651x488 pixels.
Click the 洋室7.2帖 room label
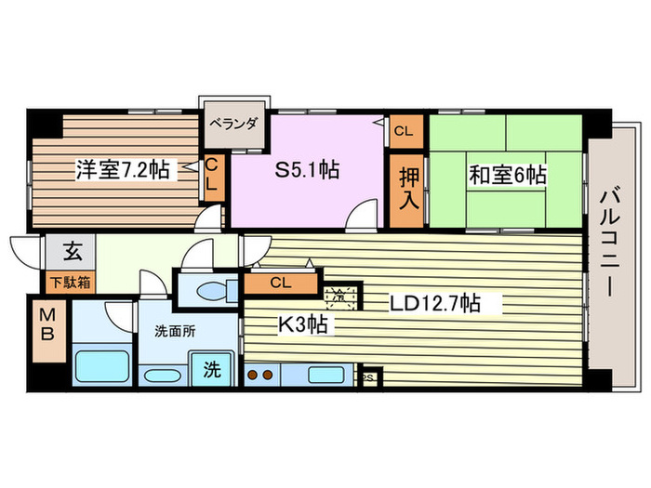click(x=122, y=170)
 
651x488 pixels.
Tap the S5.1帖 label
click(x=306, y=170)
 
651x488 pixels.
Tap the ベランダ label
click(x=232, y=122)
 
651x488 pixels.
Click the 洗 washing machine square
click(x=212, y=369)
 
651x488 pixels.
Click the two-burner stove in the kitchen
click(x=261, y=376)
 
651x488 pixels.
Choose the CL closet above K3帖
click(x=280, y=283)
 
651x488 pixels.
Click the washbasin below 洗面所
click(x=164, y=376)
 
